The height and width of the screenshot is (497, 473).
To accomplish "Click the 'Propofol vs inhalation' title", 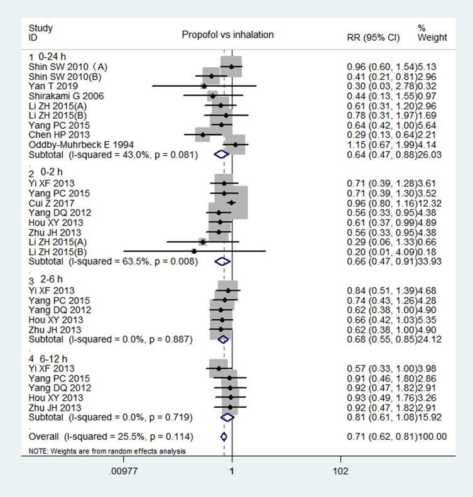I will (227, 35).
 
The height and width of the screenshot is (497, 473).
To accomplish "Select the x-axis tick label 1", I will (232, 471).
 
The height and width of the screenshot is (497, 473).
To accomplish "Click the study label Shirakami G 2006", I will (66, 96).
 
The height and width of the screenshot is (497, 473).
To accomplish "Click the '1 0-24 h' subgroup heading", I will (46, 57).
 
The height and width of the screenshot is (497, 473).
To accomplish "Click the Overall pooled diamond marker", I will (224, 436).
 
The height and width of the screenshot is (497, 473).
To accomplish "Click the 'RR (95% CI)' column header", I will (373, 38).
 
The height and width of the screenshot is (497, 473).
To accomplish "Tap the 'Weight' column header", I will (432, 38).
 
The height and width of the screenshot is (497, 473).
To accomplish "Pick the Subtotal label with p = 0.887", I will (111, 339).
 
